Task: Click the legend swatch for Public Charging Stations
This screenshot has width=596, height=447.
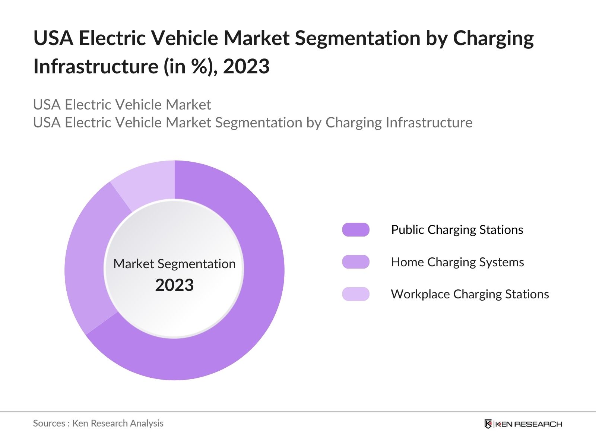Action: click(x=356, y=230)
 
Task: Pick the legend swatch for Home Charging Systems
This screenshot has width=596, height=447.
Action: click(x=356, y=262)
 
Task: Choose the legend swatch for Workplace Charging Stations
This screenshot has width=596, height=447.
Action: click(x=356, y=294)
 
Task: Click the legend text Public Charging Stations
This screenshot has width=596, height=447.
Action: click(x=457, y=230)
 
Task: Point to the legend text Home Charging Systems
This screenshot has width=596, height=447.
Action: click(x=457, y=262)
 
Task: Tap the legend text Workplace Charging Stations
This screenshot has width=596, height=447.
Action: click(x=470, y=294)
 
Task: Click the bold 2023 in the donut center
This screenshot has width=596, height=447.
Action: click(x=174, y=285)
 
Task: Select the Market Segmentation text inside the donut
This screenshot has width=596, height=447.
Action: click(x=174, y=264)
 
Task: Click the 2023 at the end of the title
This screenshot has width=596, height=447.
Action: click(x=246, y=67)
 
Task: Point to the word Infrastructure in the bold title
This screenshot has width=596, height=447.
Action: click(x=96, y=67)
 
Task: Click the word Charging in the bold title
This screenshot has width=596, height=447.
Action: click(x=493, y=39)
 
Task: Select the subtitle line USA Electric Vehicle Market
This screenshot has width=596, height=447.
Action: click(x=122, y=105)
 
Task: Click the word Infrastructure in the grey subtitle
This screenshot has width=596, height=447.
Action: click(x=429, y=123)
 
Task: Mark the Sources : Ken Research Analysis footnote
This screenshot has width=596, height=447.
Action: click(x=98, y=423)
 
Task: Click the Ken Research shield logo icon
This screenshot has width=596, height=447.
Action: click(x=488, y=424)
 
